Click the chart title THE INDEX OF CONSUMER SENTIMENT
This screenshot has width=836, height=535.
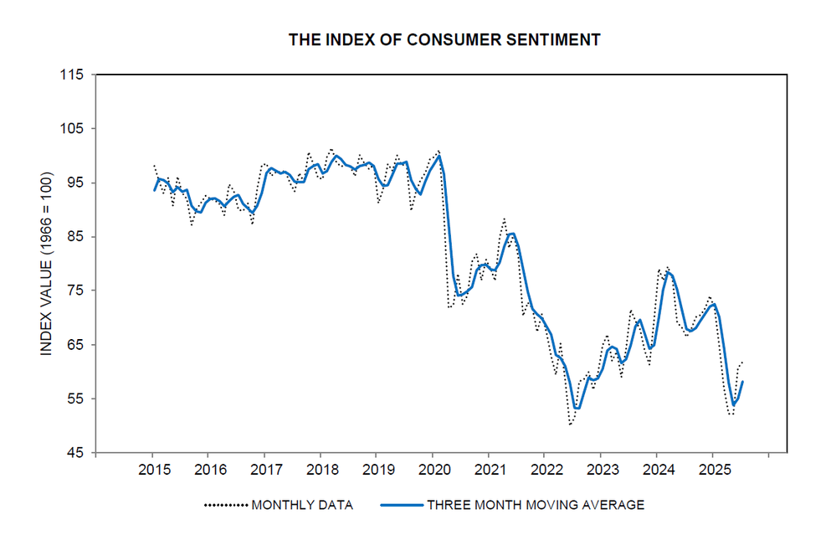[x=444, y=39]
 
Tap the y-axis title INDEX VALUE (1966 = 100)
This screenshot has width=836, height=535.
[x=47, y=263]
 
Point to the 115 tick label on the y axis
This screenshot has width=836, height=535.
[x=72, y=75]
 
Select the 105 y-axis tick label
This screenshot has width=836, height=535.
[x=72, y=129]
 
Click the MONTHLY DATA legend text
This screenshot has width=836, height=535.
[x=302, y=505]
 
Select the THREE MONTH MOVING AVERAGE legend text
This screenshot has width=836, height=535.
[x=536, y=505]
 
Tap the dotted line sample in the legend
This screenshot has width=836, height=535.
[x=226, y=505]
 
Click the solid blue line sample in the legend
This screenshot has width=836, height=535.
[x=401, y=505]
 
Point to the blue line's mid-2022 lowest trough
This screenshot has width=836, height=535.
[x=576, y=408]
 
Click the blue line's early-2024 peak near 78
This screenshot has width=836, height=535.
[x=668, y=272]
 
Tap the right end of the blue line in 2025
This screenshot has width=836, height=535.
[x=742, y=382]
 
